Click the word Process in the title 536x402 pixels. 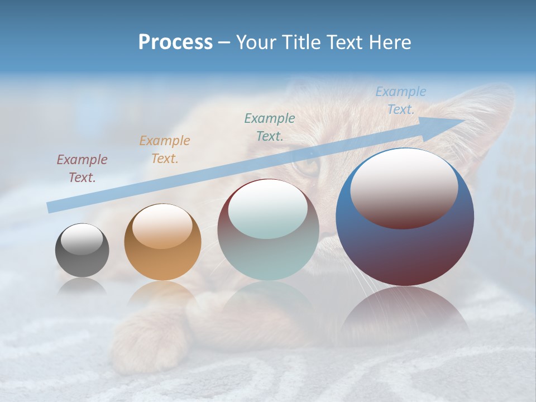coord(175,42)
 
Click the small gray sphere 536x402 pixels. coord(82,250)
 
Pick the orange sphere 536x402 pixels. coord(162,242)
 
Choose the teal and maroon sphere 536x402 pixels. coord(268,229)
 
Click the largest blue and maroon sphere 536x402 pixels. coord(405,217)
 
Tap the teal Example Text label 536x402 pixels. coord(270,127)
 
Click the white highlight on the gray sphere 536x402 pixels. coord(82,239)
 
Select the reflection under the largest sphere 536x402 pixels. coord(405,313)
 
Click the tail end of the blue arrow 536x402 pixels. coord(51,207)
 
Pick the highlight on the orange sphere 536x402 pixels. coord(162,226)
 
